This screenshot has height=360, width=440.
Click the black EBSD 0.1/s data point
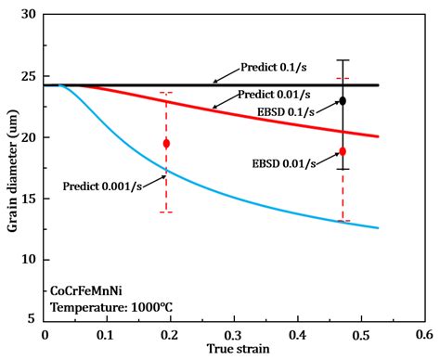coord(343,100)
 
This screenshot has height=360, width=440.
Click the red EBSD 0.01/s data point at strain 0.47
coord(343,151)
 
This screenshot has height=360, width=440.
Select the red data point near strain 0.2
coord(166,143)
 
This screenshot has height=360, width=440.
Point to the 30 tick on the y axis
coord(32,15)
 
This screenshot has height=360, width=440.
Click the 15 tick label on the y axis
coord(32,198)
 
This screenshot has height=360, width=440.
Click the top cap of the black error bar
coord(343,60)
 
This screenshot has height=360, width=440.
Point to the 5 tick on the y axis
coord(34,318)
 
